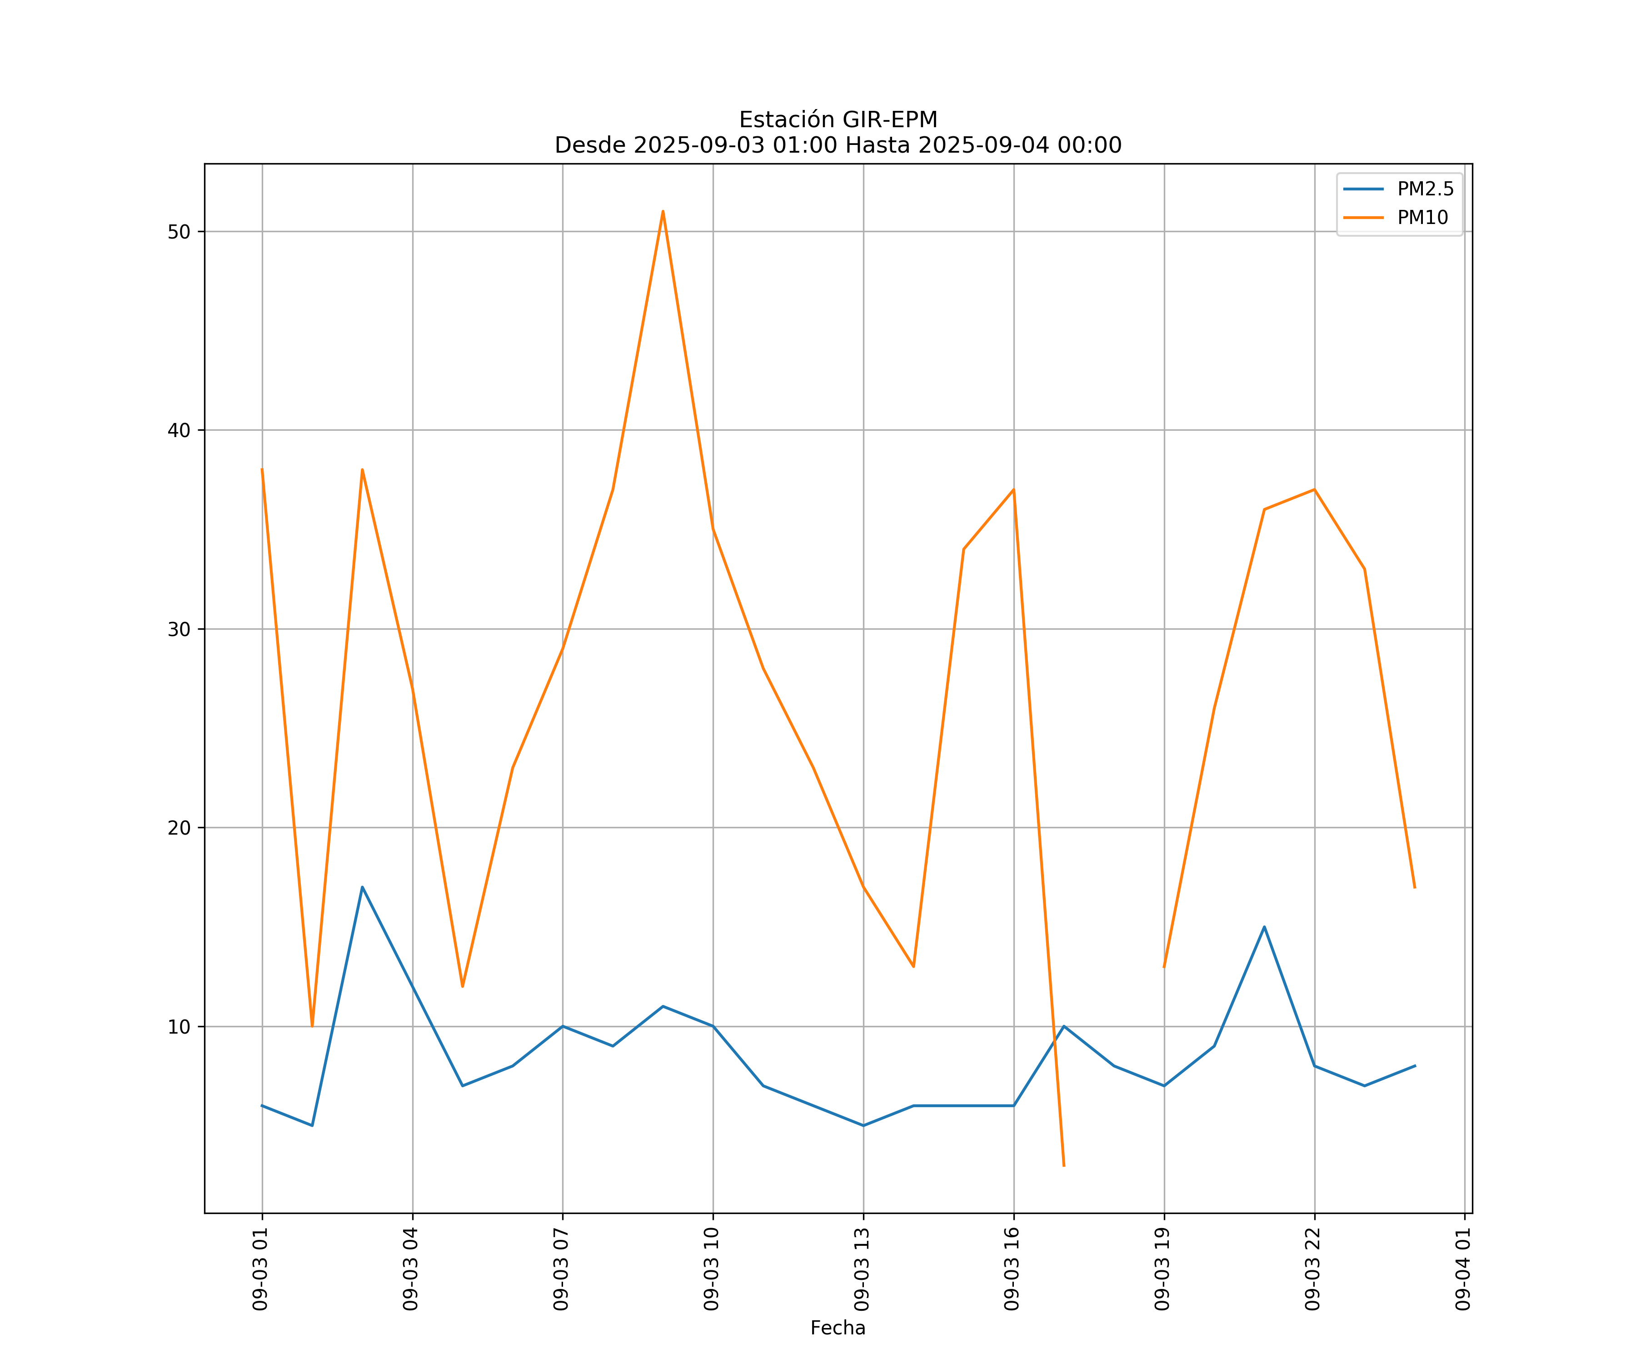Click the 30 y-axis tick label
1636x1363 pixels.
coord(179,629)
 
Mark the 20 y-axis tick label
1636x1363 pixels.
coord(179,828)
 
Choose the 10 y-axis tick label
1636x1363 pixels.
coord(179,1026)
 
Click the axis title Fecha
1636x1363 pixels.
coord(838,1328)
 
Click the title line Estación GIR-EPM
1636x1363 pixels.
coord(838,120)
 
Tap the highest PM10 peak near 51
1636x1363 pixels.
coord(663,211)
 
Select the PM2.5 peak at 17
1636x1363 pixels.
coord(362,887)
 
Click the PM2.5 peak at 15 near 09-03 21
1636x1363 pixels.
coord(1264,927)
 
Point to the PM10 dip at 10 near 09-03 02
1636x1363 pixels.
coord(312,1026)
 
